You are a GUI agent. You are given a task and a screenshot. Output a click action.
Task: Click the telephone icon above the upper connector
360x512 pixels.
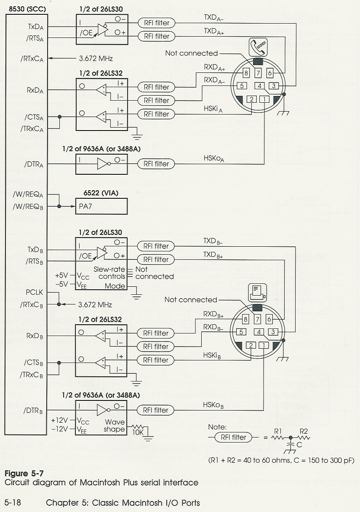[258, 45]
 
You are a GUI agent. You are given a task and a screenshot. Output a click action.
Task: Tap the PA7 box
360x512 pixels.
[101, 206]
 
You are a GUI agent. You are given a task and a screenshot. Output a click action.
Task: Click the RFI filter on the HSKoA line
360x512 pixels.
[157, 164]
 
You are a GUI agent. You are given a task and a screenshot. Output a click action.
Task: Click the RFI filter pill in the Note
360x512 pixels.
[233, 437]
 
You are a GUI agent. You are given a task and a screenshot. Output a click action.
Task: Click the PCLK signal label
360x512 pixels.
[34, 292]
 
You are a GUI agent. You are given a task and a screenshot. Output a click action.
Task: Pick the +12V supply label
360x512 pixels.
[59, 421]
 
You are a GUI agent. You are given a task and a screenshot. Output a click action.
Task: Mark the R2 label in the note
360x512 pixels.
[304, 432]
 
